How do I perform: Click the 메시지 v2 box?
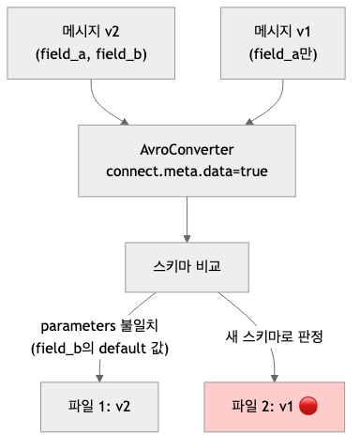point(91,42)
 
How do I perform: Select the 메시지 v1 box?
point(274,42)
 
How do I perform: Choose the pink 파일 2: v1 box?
point(272,407)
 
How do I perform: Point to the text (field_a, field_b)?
point(91,53)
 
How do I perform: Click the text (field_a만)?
point(274,53)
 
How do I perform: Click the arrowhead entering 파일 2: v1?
point(273,378)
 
